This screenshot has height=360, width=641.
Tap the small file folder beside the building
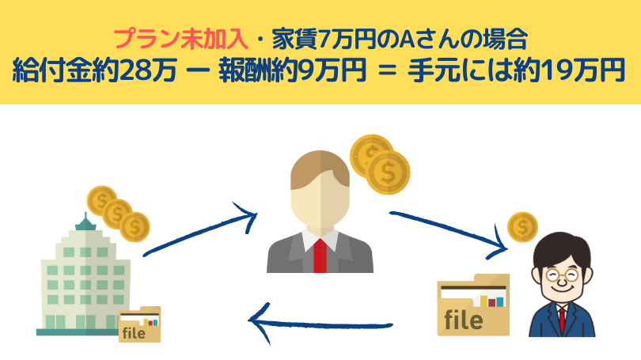139,324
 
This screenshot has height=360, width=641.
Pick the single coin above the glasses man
522,228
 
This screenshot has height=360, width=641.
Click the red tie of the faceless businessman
319,254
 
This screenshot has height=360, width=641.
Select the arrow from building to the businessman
201,229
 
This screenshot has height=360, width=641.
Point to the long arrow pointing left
320,322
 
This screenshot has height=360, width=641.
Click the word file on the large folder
464,320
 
